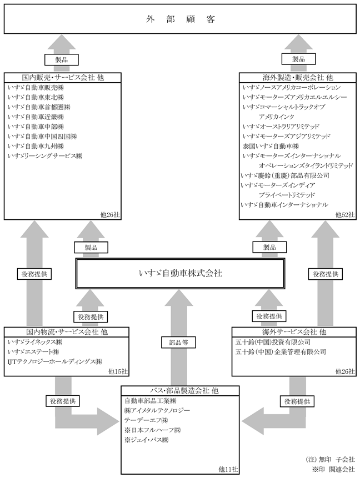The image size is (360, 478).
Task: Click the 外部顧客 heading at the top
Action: click(181, 19)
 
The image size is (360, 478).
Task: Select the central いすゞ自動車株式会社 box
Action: click(181, 273)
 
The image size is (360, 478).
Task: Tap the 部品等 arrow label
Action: click(178, 343)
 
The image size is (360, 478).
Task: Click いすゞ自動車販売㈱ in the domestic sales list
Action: click(36, 88)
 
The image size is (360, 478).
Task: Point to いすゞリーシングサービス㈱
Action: click(45, 156)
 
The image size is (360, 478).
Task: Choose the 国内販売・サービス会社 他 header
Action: click(63, 77)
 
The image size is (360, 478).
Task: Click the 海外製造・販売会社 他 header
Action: click(298, 77)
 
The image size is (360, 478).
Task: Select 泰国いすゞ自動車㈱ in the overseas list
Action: click(271, 146)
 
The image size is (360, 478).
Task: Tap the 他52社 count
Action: click(345, 215)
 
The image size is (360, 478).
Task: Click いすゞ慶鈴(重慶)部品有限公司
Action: click(285, 175)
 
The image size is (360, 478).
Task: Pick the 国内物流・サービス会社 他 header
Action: click(67, 331)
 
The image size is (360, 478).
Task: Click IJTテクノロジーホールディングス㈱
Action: click(55, 361)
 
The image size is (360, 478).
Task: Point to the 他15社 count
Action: click(118, 371)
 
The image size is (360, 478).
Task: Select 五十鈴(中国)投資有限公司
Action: click(273, 342)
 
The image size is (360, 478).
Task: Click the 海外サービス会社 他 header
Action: click(294, 331)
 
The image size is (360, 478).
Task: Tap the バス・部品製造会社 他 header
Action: click(181, 390)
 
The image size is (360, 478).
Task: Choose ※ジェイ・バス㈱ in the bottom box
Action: click(147, 440)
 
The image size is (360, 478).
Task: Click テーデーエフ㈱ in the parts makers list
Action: click(146, 420)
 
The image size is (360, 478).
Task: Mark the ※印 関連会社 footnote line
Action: click(333, 469)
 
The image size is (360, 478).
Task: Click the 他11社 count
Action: click(228, 469)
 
